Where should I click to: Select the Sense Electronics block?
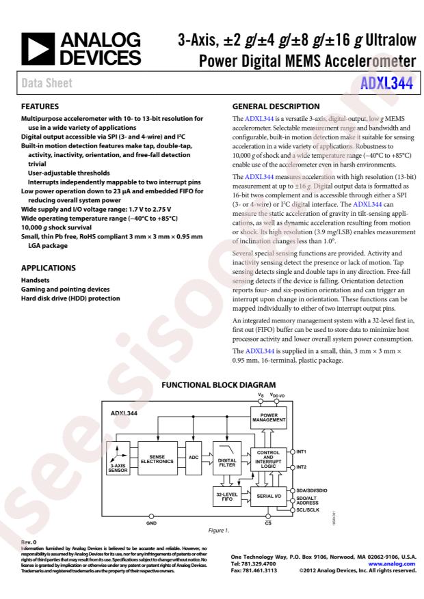(157, 462)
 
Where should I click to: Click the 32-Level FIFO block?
(226, 497)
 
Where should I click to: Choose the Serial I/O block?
(269, 497)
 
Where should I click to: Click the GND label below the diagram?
(151, 525)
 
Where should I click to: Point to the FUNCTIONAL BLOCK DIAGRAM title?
(217, 385)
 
